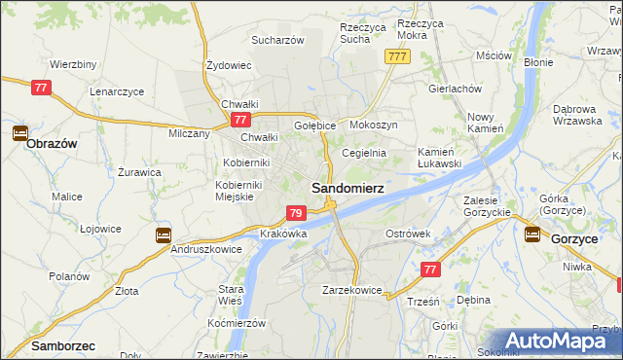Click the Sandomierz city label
347,186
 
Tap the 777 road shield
396,57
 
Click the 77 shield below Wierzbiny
41,88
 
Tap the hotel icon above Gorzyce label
532,234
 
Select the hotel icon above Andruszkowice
163,234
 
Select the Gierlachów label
455,88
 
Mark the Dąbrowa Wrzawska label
580,114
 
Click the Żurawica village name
139,172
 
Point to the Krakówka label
284,234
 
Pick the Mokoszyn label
373,126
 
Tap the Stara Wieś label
231,295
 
